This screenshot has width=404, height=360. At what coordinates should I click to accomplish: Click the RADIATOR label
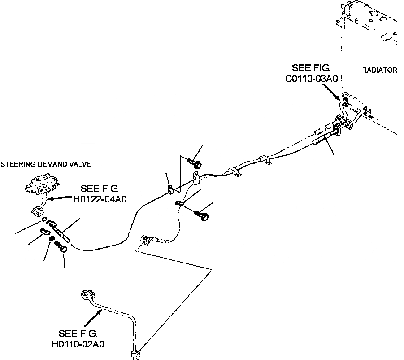coord(379,70)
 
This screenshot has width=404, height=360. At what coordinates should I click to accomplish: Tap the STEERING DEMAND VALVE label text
coord(45,164)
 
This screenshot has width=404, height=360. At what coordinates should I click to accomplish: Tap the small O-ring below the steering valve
coord(44,220)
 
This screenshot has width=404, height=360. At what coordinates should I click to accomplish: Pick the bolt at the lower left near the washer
coord(61,247)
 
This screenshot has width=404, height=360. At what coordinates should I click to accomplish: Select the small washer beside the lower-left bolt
coord(52,238)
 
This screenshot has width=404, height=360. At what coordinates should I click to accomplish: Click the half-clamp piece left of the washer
coord(44,231)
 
